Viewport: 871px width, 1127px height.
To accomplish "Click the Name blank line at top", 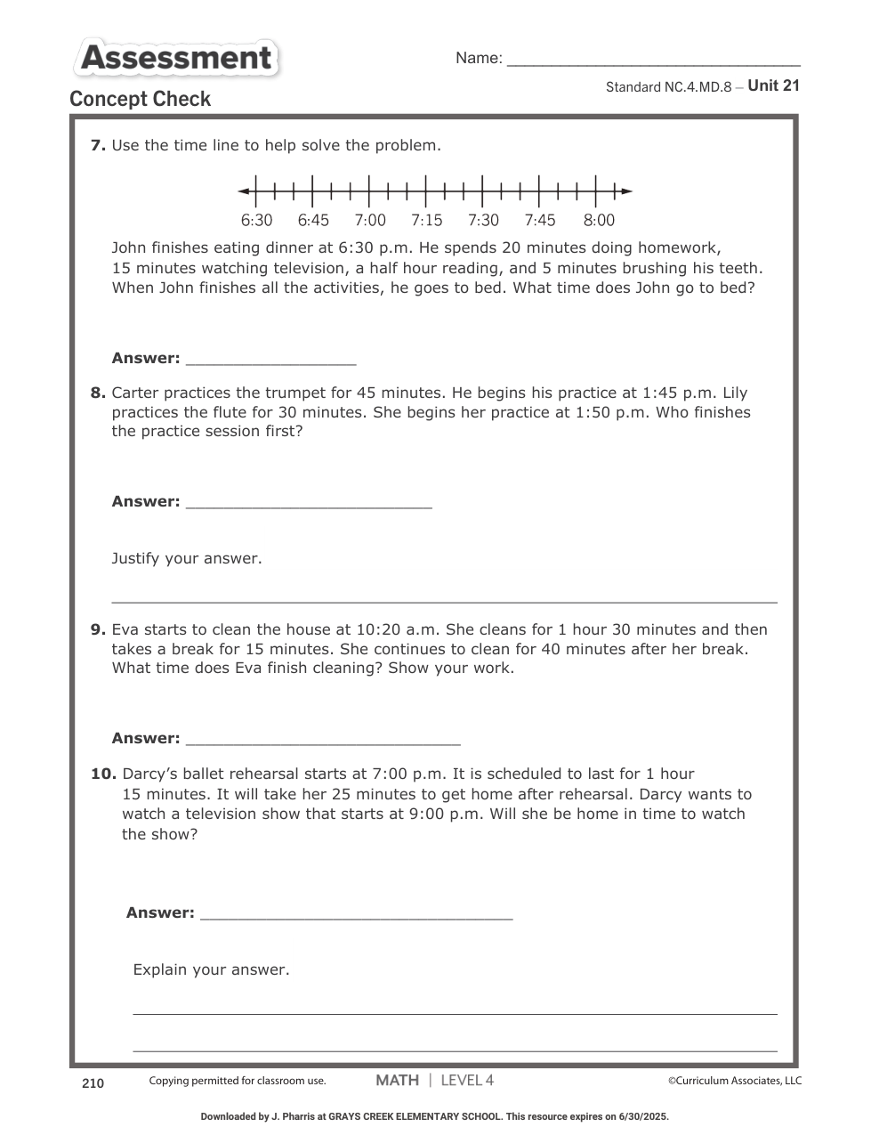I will pyautogui.click(x=652, y=62).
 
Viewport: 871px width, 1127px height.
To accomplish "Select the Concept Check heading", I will pyautogui.click(x=140, y=99).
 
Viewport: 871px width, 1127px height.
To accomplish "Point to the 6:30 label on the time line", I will pyautogui.click(x=256, y=220).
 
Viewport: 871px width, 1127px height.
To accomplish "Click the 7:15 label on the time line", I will pyautogui.click(x=426, y=220).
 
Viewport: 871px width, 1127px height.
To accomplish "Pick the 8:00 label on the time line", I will pyautogui.click(x=599, y=220).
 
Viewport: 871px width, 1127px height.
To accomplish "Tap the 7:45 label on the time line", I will pyautogui.click(x=539, y=220).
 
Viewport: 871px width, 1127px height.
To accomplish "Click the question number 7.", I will pyautogui.click(x=98, y=145).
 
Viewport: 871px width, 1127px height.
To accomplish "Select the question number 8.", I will pyautogui.click(x=98, y=393).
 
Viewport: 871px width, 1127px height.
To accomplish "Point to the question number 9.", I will pyautogui.click(x=98, y=629).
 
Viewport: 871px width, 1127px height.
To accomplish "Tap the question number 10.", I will pyautogui.click(x=103, y=774).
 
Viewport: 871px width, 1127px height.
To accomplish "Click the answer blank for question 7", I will pyautogui.click(x=270, y=360).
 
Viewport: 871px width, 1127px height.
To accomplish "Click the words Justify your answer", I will pyautogui.click(x=187, y=558).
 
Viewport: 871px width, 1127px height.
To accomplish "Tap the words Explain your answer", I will pyautogui.click(x=211, y=969).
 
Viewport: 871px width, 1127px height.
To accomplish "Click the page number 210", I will pyautogui.click(x=93, y=1082).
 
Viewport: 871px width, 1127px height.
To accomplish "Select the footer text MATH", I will pyautogui.click(x=397, y=1080).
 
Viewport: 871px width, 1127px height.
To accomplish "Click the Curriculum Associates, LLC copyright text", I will pyautogui.click(x=735, y=1081).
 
